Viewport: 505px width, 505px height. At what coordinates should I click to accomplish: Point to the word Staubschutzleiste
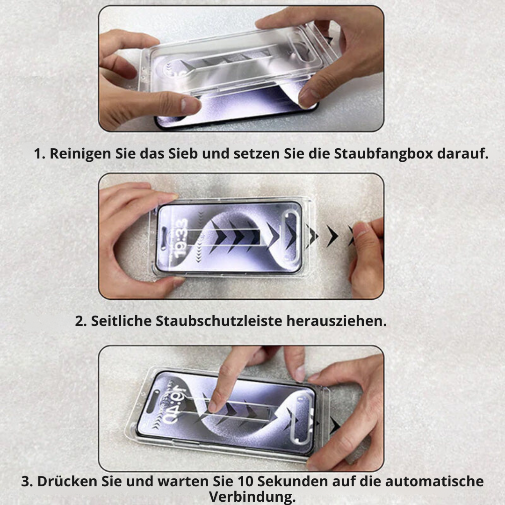220,321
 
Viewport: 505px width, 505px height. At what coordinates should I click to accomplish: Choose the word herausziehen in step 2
336,321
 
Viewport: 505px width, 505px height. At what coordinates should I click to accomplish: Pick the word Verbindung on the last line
252,496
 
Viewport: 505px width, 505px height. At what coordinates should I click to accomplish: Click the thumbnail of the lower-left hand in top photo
190,106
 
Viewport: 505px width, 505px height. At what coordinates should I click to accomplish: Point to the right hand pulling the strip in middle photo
367,257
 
